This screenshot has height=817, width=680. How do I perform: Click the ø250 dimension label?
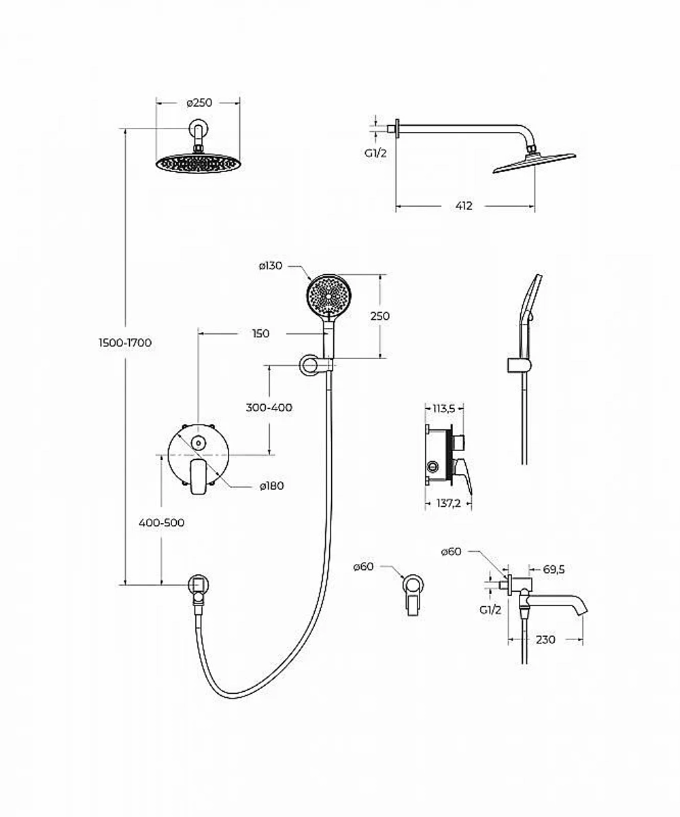click(x=199, y=103)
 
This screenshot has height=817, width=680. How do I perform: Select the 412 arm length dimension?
click(x=464, y=206)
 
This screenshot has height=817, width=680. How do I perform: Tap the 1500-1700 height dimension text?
click(x=125, y=343)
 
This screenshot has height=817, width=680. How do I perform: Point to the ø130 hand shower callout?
click(x=271, y=266)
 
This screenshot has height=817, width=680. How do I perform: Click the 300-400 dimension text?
click(x=269, y=407)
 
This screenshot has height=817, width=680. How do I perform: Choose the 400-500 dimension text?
click(x=162, y=522)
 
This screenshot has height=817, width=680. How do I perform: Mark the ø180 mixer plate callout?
click(x=272, y=486)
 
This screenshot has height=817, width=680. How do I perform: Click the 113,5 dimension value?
click(x=443, y=409)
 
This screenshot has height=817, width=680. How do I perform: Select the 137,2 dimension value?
click(x=449, y=503)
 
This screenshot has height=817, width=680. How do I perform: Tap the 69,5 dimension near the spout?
click(x=554, y=569)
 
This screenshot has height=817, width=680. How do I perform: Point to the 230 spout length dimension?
click(x=545, y=639)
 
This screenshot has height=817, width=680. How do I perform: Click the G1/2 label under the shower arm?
click(x=375, y=153)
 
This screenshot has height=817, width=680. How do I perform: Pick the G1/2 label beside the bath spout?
click(x=490, y=610)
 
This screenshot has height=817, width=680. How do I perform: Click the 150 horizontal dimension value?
click(x=260, y=334)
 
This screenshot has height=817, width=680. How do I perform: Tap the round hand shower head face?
click(x=328, y=296)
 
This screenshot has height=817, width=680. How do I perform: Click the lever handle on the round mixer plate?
click(x=199, y=477)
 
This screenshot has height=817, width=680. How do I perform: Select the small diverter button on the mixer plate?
click(x=199, y=444)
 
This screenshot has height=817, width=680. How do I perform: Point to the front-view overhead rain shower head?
click(x=198, y=163)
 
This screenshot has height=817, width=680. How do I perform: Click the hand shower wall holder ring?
click(x=309, y=365)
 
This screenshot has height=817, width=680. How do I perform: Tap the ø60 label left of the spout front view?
click(x=364, y=567)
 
